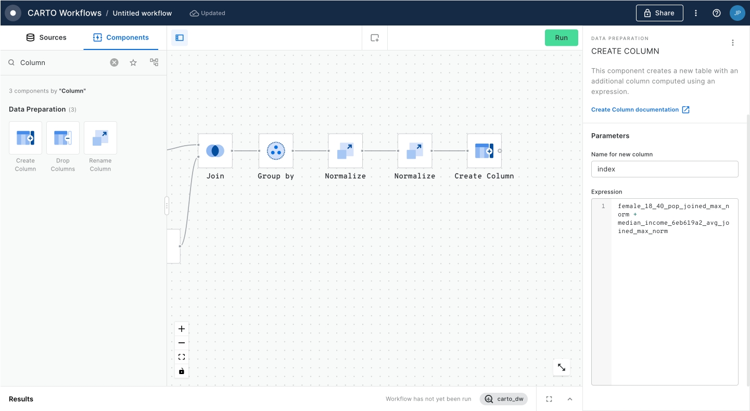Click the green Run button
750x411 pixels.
(x=561, y=37)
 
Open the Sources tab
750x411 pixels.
(x=46, y=37)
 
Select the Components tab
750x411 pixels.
(x=121, y=37)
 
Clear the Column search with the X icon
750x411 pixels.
(x=114, y=62)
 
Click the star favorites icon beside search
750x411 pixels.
(x=133, y=62)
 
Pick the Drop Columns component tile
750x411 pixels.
(x=63, y=138)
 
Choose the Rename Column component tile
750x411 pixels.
(x=100, y=138)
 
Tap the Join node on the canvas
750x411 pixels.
(x=215, y=150)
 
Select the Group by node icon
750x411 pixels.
(x=276, y=150)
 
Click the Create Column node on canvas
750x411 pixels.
(x=484, y=150)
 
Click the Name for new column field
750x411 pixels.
(x=665, y=169)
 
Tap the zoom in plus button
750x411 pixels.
(x=182, y=329)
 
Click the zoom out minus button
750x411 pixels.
(x=182, y=343)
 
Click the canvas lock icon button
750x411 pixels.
(x=182, y=371)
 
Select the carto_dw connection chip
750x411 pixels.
(x=504, y=399)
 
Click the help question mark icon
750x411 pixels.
(x=717, y=13)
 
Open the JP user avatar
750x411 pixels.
(x=738, y=13)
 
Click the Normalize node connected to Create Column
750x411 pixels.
(x=415, y=150)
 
